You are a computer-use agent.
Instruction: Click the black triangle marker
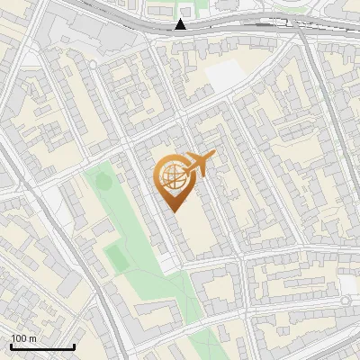click(181, 24)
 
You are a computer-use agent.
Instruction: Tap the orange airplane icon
click(199, 164)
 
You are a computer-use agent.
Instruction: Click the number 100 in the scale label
click(19, 339)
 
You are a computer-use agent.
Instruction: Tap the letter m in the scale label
click(32, 339)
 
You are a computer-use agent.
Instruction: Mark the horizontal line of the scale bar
click(42, 347)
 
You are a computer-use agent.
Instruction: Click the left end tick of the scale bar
click(11, 346)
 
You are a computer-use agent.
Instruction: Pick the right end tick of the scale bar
click(74, 346)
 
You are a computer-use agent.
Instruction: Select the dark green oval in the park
click(103, 182)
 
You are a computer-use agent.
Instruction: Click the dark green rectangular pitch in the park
click(115, 258)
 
